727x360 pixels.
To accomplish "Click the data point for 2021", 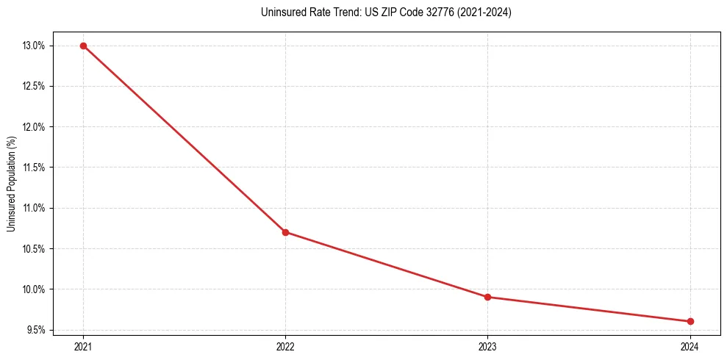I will pos(83,46).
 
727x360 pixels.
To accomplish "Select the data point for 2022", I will pos(285,232).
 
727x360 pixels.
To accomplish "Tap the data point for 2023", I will pos(488,297).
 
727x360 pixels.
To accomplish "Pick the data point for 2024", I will pos(690,321).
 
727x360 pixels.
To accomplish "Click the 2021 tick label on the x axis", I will pos(83,346).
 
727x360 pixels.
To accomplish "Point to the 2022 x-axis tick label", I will pos(285,346).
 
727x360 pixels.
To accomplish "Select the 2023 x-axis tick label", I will pos(488,346).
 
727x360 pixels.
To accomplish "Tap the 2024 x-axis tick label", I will pos(690,346).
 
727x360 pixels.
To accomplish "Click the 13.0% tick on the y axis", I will pos(34,46).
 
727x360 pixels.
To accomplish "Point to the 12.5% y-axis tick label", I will pos(34,86).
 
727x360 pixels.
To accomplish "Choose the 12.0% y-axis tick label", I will pos(34,127).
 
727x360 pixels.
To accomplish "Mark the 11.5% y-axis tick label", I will pos(34,168).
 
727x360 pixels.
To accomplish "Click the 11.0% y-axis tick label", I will pos(34,208).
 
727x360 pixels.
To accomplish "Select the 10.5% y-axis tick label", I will pos(34,248).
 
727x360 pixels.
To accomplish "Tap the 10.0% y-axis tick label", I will pos(34,289).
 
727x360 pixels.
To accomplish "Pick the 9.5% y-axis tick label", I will pos(35,330).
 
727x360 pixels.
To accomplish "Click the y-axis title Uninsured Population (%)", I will pos(11,184).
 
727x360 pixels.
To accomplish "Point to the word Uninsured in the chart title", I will pos(280,12).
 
